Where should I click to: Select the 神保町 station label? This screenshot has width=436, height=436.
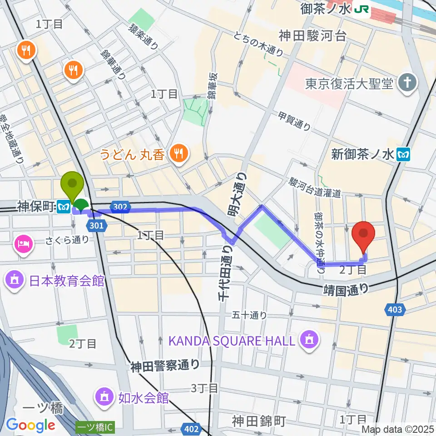(x=36, y=207)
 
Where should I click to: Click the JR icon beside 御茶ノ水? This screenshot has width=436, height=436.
(x=362, y=9)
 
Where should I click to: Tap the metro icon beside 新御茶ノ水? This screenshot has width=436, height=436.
(x=403, y=154)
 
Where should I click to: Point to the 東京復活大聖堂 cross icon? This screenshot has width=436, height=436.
(x=407, y=84)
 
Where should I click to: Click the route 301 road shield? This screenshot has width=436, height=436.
(x=98, y=225)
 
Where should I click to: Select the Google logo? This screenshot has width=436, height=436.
(x=31, y=425)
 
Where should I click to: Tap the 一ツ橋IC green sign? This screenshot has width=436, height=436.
(x=95, y=428)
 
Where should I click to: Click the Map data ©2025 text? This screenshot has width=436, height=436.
(x=398, y=429)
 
